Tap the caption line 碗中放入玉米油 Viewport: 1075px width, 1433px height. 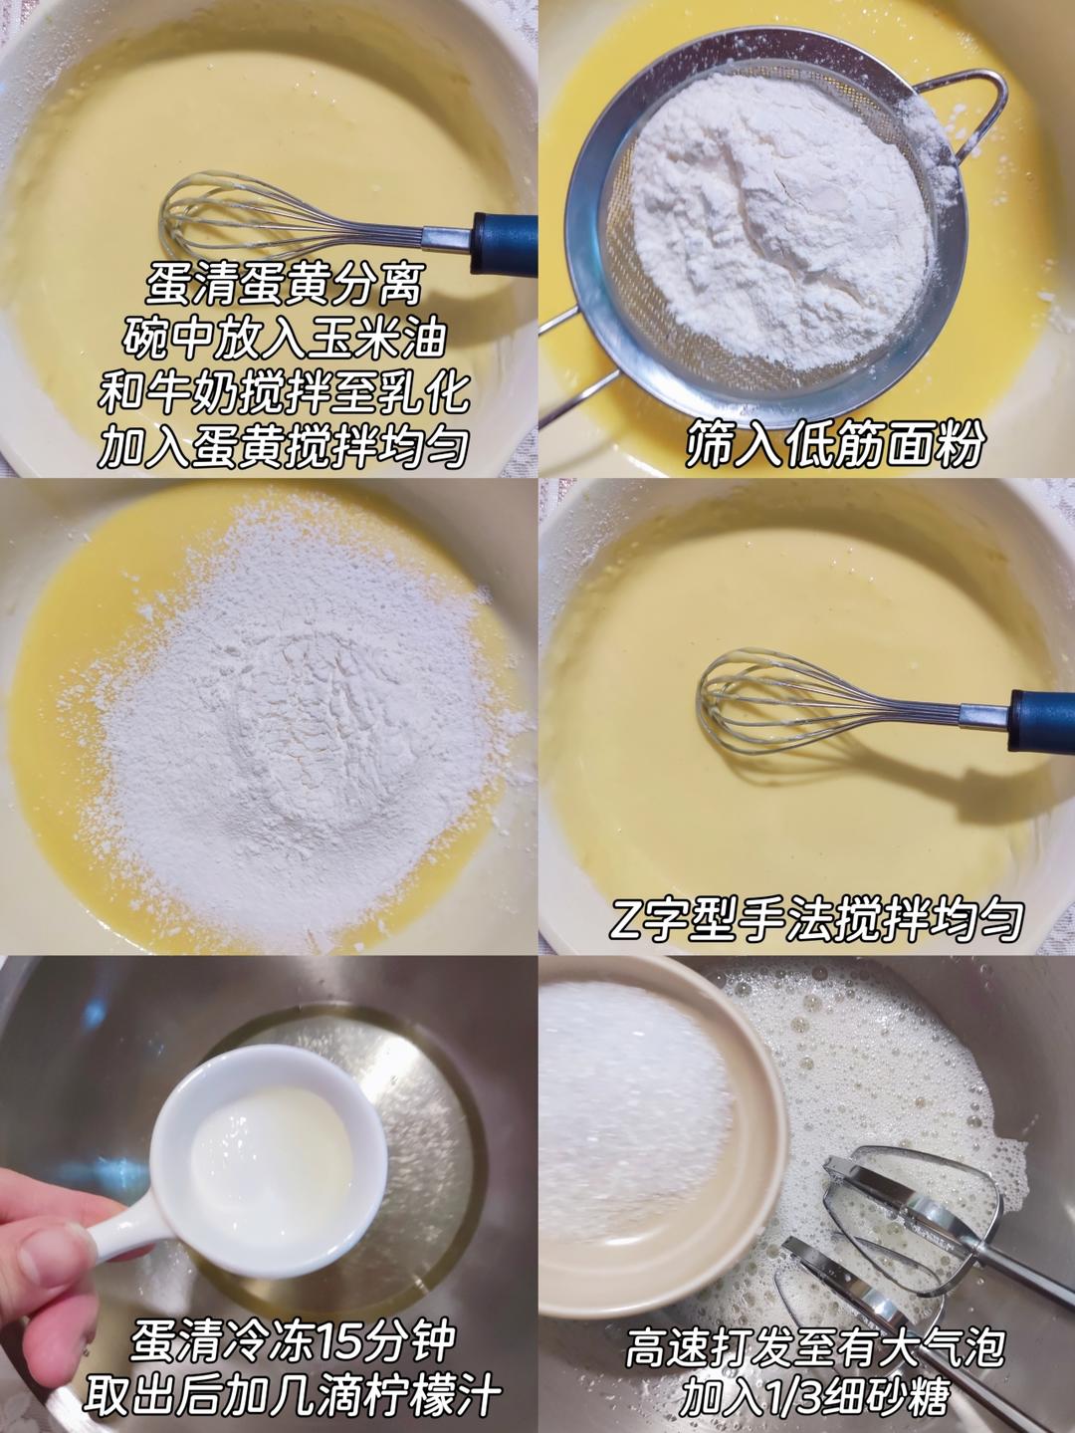click(x=284, y=340)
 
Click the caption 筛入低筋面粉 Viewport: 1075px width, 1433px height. click(x=834, y=446)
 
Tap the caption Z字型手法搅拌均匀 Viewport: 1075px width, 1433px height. click(x=816, y=920)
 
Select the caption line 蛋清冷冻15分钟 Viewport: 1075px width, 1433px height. click(x=293, y=1341)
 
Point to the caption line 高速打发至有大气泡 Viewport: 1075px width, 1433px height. click(x=814, y=1348)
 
